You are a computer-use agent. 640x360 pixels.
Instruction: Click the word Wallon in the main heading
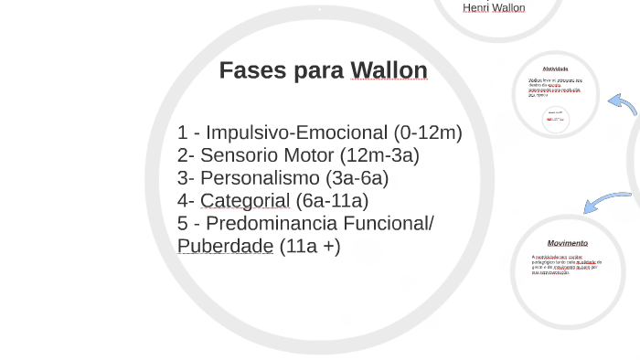coord(389,70)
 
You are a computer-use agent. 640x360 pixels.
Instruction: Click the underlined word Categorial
coord(245,201)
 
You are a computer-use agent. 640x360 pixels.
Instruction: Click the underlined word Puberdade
coord(225,247)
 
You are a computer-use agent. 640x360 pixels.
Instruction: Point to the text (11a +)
coord(310,247)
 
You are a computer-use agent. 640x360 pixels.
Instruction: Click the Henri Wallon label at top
coord(494,8)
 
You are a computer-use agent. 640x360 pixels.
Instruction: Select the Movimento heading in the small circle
coord(568,243)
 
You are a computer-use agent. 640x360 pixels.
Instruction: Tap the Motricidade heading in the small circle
coord(555,69)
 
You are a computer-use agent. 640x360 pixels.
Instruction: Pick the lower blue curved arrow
coord(605,201)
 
